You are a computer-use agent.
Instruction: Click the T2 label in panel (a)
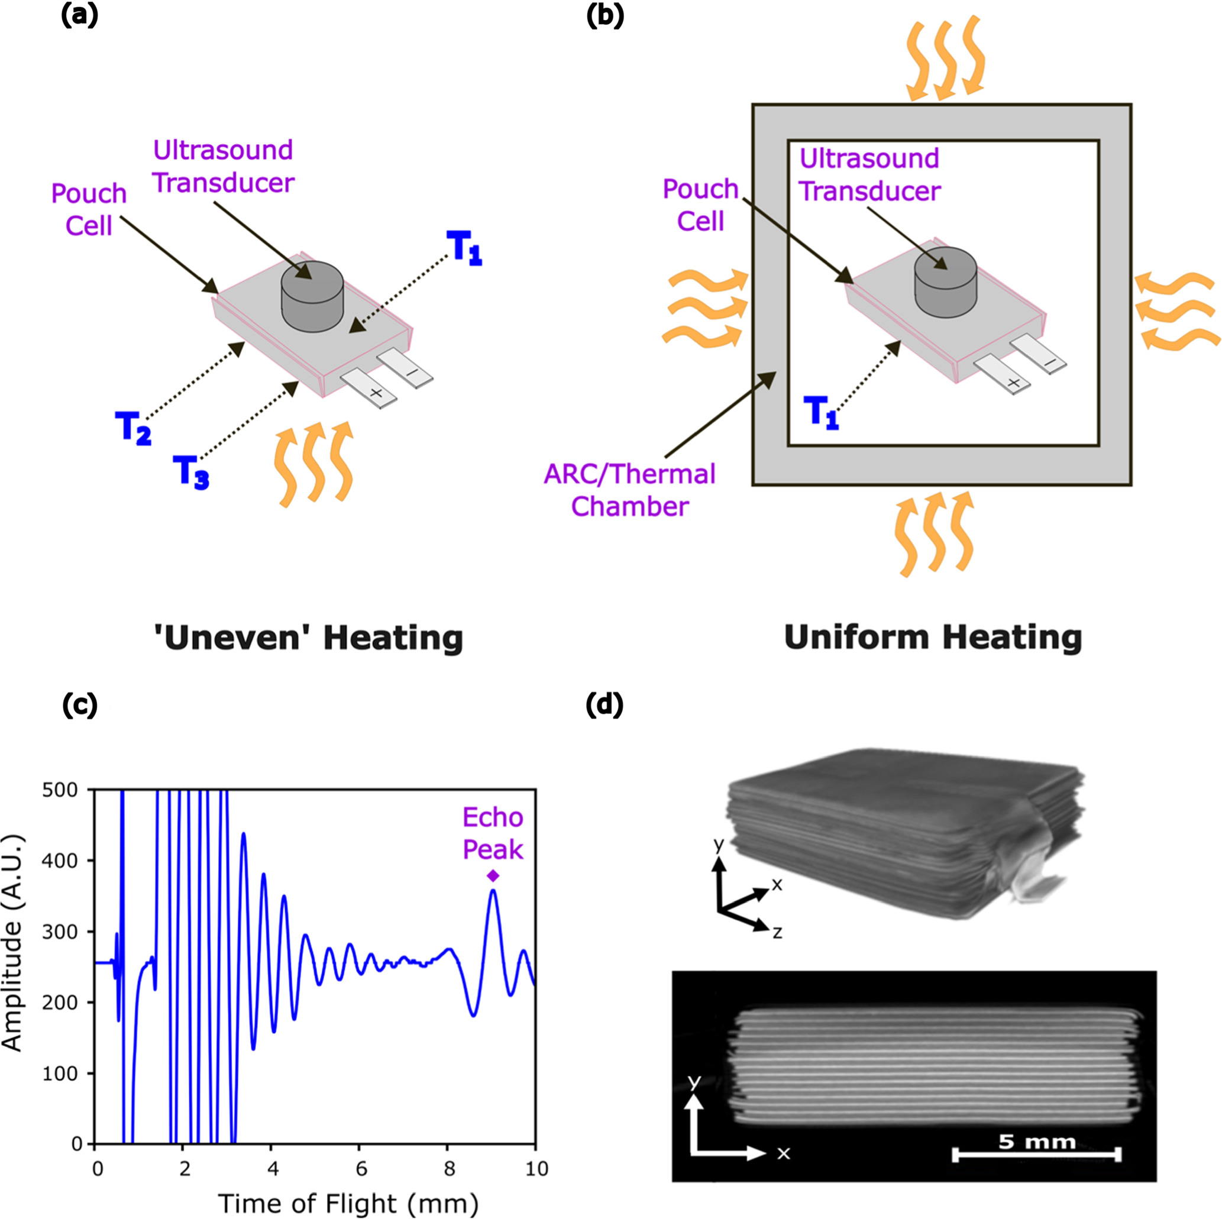133,427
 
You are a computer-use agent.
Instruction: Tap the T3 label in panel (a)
190,472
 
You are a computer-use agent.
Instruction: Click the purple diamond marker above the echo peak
493,875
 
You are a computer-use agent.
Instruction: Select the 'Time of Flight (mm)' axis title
348,1202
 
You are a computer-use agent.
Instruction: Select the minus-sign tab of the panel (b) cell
1037,357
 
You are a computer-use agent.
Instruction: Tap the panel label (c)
80,706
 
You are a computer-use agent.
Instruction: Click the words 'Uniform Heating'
933,637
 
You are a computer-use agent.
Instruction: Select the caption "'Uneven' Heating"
308,638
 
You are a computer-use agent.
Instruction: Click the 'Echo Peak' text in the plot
493,833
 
